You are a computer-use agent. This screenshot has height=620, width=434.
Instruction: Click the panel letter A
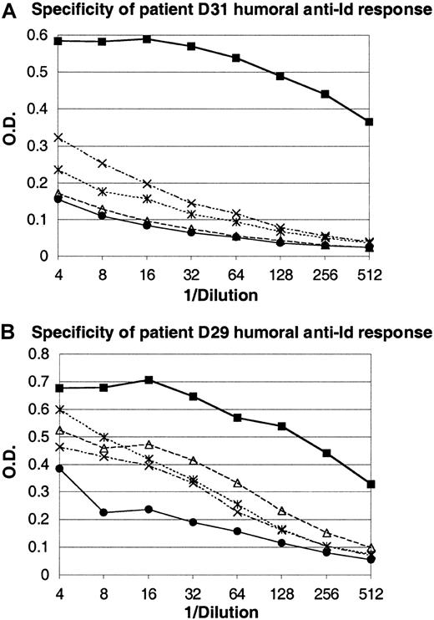click(x=9, y=10)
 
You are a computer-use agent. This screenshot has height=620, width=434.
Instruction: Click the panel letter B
click(x=9, y=332)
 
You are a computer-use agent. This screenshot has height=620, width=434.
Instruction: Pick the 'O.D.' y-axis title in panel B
click(x=10, y=465)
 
